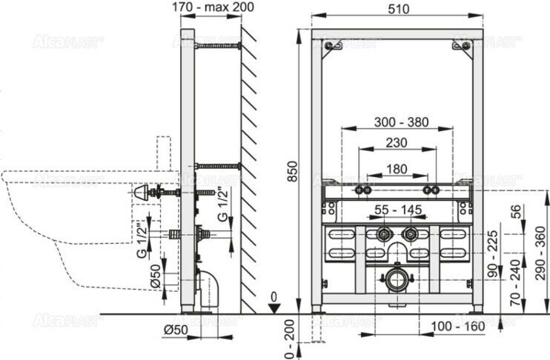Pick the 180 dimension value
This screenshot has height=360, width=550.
coord(397,169)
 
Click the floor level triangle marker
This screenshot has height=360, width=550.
coord(275,309)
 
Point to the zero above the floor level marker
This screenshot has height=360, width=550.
coord(275,296)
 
